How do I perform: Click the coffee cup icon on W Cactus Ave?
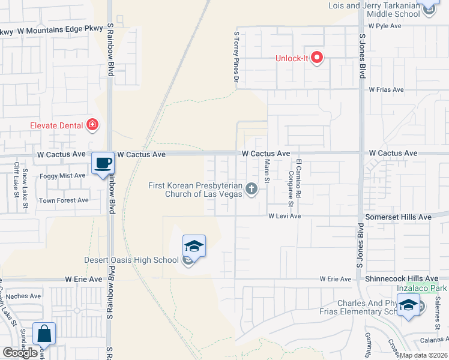(103, 163)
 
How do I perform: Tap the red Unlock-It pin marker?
(316, 58)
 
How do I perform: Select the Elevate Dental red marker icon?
(92, 125)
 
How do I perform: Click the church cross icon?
(252, 190)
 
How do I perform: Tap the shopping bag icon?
(44, 333)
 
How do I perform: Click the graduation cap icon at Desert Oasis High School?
(194, 245)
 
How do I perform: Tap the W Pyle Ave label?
(385, 26)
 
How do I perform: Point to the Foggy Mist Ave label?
(62, 175)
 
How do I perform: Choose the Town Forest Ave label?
(64, 200)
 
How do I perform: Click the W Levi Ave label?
(284, 215)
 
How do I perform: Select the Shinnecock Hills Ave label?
(402, 279)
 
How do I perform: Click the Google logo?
(20, 353)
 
